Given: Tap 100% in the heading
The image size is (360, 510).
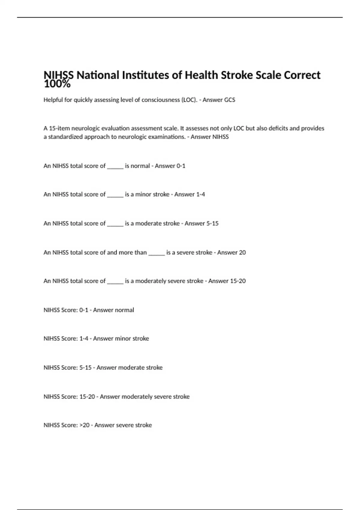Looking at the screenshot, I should (x=57, y=84).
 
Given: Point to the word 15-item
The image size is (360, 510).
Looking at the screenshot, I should (x=59, y=128).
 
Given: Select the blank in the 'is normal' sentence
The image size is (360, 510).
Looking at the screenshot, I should (x=115, y=166).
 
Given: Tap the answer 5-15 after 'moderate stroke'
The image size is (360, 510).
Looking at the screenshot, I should (x=212, y=223).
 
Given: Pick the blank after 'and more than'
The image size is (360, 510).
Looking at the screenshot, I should (x=157, y=253).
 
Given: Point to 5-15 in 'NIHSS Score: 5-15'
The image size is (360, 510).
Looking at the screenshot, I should (x=85, y=368).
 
